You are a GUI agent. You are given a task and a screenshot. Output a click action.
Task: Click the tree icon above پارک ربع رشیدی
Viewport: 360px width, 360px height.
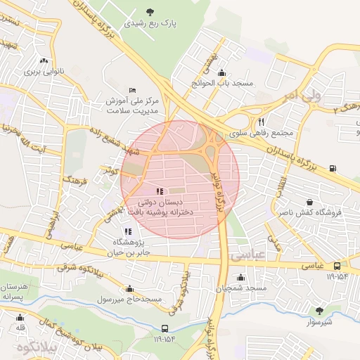click(x=149, y=11)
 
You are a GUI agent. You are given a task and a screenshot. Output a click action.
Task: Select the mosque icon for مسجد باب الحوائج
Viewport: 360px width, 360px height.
click(x=222, y=72)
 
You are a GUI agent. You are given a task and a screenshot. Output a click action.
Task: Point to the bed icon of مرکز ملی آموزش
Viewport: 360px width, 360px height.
click(x=133, y=90)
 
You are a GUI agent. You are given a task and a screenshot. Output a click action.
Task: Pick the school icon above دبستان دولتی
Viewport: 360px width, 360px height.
click(x=159, y=191)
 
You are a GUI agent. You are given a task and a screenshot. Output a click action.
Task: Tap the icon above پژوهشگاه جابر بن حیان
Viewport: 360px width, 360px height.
click(x=127, y=231)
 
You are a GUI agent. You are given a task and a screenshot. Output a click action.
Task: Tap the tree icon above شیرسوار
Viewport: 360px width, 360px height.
click(x=319, y=310)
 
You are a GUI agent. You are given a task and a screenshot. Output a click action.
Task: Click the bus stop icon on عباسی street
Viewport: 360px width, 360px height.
click(x=338, y=266)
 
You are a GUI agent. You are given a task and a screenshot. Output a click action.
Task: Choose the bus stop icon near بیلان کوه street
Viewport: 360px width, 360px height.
click(x=165, y=328)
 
